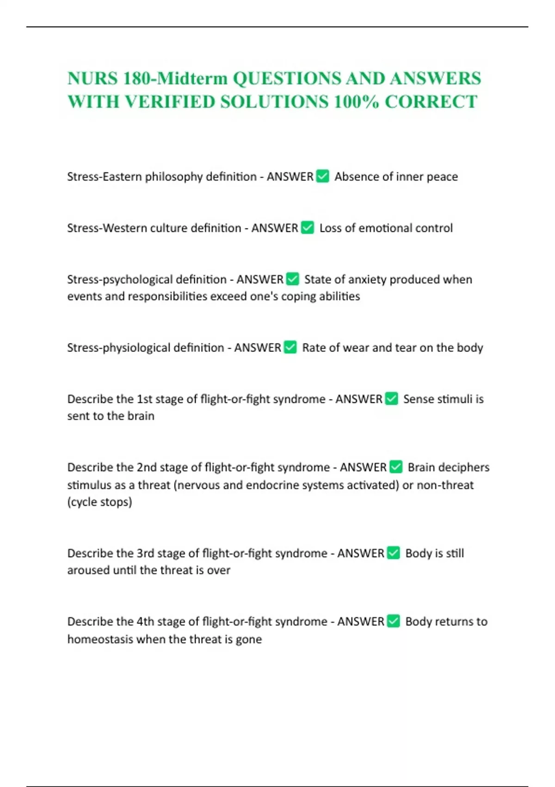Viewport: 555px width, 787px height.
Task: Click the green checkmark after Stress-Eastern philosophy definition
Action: tap(322, 176)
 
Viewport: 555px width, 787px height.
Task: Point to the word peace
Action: tap(442, 176)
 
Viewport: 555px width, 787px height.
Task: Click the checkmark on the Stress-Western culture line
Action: tap(307, 228)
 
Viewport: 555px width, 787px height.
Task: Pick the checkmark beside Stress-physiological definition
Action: tap(290, 347)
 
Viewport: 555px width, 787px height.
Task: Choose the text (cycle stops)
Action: tap(99, 502)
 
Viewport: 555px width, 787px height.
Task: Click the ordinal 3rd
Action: tap(146, 553)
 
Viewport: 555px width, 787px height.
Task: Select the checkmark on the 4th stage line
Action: tap(393, 621)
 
